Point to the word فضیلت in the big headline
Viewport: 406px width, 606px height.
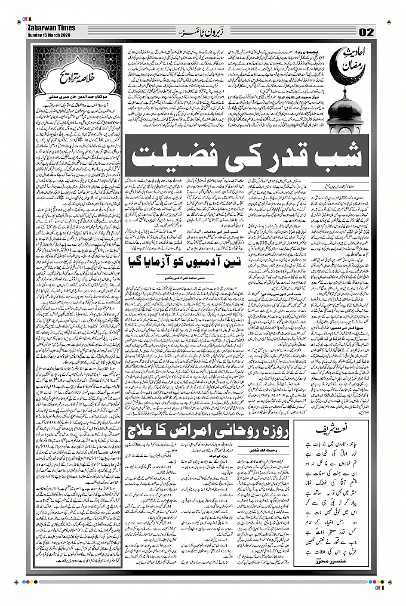[x=173, y=157]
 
